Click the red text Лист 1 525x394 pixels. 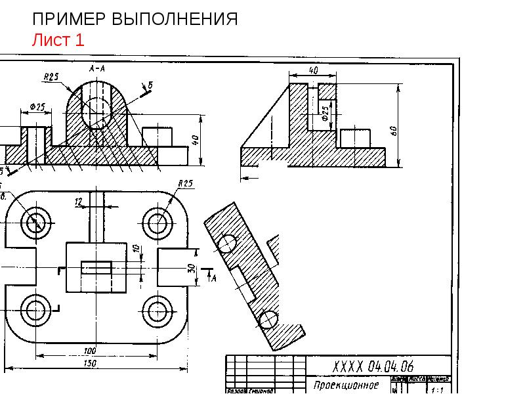(58, 40)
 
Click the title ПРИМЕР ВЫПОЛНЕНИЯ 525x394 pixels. (135, 19)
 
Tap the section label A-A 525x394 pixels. (97, 68)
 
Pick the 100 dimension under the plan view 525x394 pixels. (90, 351)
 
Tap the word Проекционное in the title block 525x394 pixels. (346, 385)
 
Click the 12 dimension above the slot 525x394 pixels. (79, 203)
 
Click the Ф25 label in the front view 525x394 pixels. (37, 106)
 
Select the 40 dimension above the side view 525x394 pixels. (313, 70)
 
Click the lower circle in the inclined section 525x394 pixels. (268, 320)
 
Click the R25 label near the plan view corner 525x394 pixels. (184, 183)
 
